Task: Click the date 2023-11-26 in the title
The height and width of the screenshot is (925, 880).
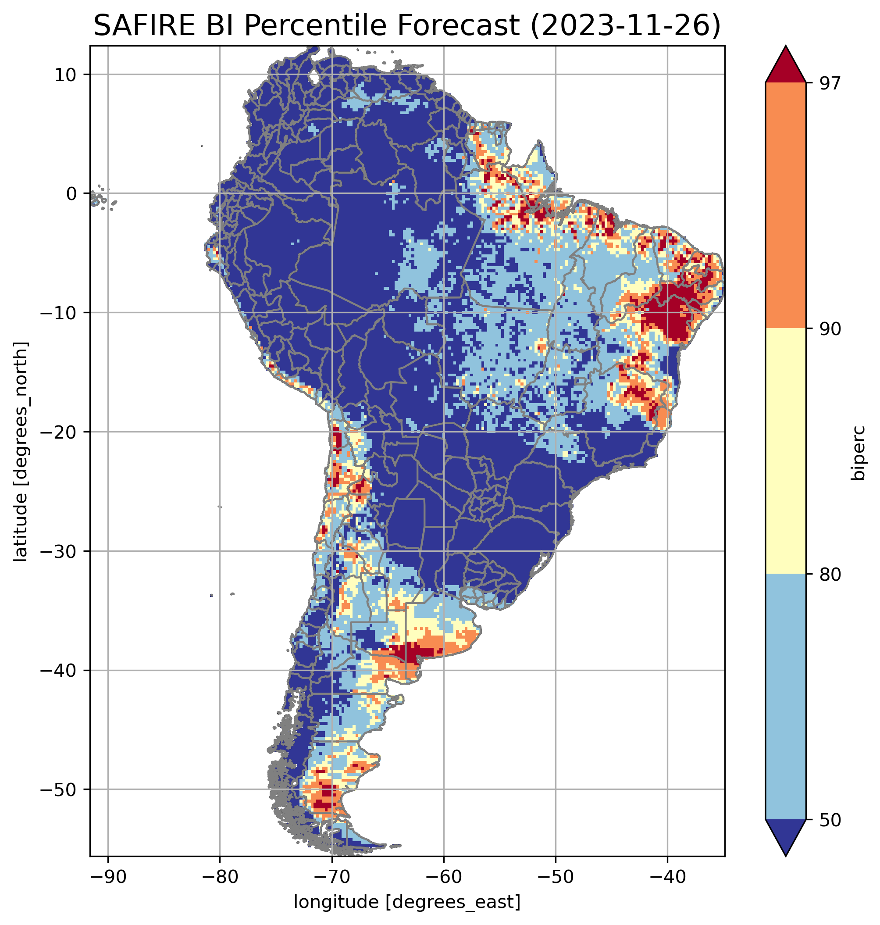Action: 624,26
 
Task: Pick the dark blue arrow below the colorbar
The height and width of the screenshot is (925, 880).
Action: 785,838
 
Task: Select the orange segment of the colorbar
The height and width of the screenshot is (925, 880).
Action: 785,206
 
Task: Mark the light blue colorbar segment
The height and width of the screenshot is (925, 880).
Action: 785,697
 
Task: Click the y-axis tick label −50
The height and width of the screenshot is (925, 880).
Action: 59,789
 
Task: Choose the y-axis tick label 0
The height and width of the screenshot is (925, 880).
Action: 72,193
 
